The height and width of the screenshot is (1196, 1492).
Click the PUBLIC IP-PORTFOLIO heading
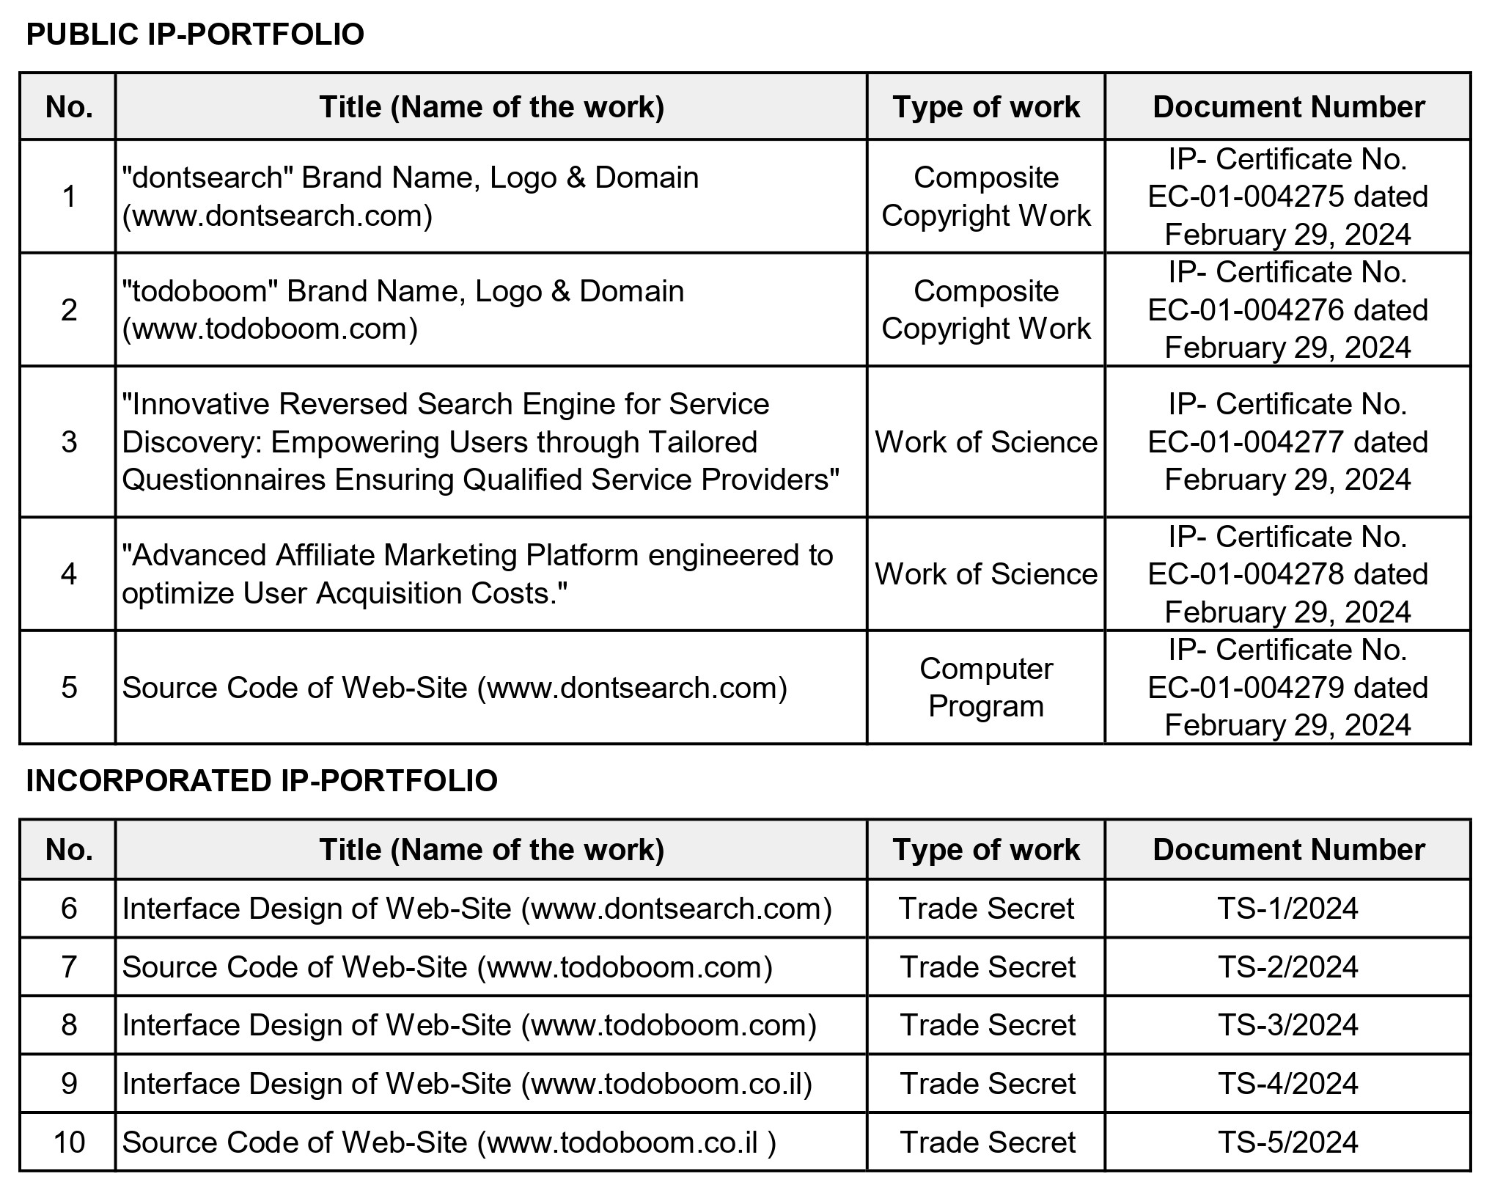coord(195,35)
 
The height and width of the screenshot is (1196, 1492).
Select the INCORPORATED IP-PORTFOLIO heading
coord(262,781)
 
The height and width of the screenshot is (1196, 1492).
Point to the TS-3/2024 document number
coord(1287,1025)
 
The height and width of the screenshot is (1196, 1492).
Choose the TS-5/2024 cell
coord(1287,1142)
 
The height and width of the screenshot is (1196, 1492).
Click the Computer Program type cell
coord(985,687)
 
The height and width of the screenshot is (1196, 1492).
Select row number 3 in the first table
coord(69,442)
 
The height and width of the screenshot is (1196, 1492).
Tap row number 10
coord(69,1142)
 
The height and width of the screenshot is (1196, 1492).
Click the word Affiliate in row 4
coord(325,556)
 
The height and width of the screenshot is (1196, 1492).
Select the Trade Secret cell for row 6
coord(985,909)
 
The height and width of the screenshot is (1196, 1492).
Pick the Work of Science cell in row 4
coord(985,574)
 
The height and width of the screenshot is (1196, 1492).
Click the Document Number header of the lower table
coord(1288,850)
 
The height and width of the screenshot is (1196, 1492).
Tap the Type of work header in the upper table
coord(985,107)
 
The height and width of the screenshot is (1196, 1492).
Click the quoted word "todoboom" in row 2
coord(199,291)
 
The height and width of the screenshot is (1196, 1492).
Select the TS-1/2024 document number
coord(1287,909)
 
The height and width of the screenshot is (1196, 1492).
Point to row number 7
coord(69,967)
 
